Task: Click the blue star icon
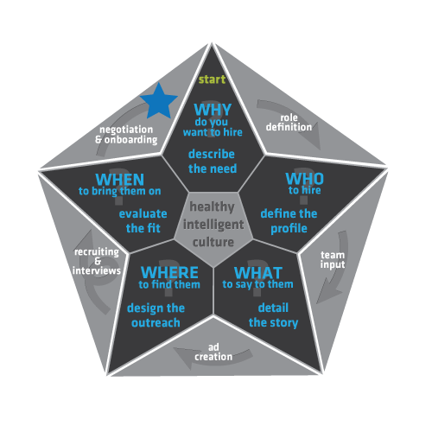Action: [x=159, y=102]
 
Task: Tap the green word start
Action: [x=212, y=79]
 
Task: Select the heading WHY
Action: [x=213, y=110]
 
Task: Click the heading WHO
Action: [x=304, y=179]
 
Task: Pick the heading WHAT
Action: [x=258, y=273]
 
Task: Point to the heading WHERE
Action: [x=169, y=272]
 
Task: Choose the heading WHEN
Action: [x=120, y=180]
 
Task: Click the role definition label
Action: [x=289, y=123]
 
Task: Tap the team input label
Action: [x=333, y=260]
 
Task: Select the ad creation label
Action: [x=213, y=352]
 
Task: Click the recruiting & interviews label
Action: [x=97, y=261]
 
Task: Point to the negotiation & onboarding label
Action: [x=126, y=135]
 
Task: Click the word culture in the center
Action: [x=213, y=242]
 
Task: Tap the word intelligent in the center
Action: [x=213, y=225]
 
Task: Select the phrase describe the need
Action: [x=213, y=162]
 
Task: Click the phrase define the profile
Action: [x=289, y=221]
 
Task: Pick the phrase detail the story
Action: [x=273, y=315]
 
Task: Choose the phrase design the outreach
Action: [x=156, y=315]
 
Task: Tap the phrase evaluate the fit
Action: [x=143, y=221]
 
